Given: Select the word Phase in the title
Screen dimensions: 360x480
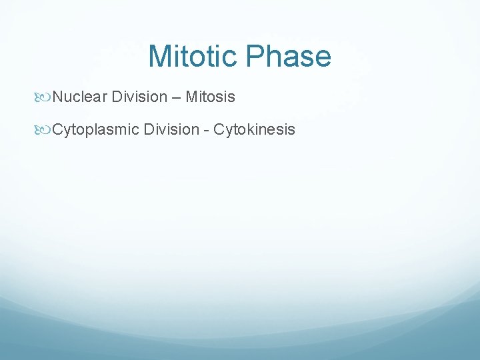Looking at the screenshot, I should click(289, 56).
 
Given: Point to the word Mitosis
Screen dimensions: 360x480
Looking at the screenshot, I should click(210, 97).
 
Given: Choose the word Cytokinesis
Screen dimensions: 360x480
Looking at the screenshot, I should click(254, 129).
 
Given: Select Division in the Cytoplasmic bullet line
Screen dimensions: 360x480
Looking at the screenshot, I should click(170, 129).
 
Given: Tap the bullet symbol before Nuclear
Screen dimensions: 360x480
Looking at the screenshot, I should click(45, 97).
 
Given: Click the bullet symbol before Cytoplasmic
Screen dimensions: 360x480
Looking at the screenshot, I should click(45, 129).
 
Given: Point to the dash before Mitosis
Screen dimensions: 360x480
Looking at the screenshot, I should click(176, 98).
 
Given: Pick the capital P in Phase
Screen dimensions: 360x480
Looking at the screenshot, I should click(255, 56).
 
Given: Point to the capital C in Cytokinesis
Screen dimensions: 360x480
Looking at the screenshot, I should click(219, 129).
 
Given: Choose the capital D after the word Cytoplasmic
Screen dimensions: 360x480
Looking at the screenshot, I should click(147, 129).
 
